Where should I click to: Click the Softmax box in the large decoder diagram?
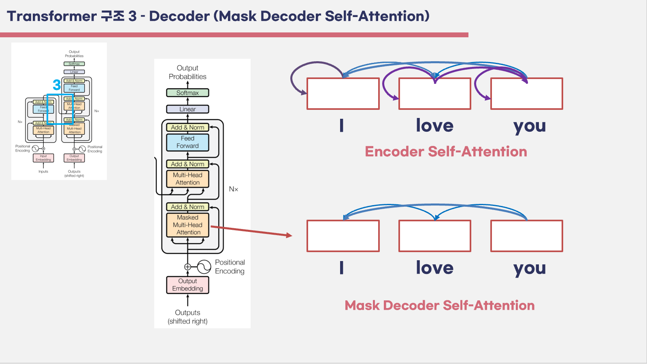(187, 93)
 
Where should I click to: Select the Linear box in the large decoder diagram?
(187, 109)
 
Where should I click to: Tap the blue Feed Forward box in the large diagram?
(187, 142)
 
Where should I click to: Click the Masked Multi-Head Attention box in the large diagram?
(187, 225)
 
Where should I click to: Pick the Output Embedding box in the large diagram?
(187, 285)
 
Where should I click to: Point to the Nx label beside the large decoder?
(234, 189)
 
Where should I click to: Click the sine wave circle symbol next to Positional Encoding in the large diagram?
(204, 267)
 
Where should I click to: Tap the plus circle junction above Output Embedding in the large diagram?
(187, 267)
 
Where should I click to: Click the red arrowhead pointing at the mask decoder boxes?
(289, 235)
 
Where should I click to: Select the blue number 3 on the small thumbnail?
(57, 85)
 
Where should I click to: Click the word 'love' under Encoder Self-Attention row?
(434, 126)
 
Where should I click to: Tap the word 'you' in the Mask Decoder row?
(529, 268)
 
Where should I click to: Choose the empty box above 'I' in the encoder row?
(343, 94)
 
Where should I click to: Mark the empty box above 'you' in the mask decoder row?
(526, 236)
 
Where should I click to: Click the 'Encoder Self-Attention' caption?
(446, 152)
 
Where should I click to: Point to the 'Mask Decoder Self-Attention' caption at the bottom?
(439, 305)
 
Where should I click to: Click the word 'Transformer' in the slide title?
(51, 16)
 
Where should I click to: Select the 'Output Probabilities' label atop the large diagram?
(187, 72)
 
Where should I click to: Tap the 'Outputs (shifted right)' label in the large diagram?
(187, 317)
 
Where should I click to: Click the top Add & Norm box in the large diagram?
(187, 127)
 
